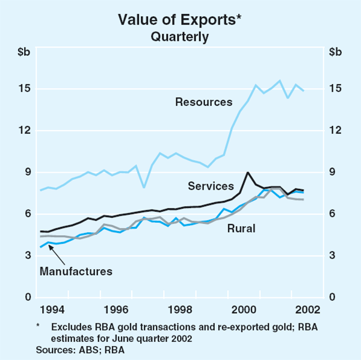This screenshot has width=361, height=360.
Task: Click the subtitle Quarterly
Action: point(180,36)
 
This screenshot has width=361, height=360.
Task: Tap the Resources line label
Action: point(203,102)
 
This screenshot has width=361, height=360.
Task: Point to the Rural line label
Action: point(241,229)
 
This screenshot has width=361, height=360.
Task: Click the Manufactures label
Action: point(76,271)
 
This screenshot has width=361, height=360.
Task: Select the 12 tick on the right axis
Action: point(336,131)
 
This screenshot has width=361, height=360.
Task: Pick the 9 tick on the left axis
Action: point(26,172)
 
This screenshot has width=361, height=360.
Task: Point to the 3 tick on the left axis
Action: point(26,256)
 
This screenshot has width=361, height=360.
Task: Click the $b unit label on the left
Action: point(23,51)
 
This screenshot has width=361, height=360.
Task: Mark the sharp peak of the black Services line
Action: point(248,173)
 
